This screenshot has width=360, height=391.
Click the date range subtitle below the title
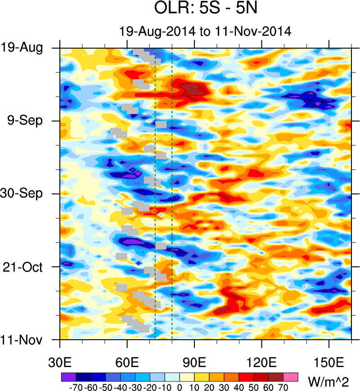206,31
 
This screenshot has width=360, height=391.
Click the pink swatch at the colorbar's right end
291,377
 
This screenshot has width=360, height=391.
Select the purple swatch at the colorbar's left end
67,377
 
